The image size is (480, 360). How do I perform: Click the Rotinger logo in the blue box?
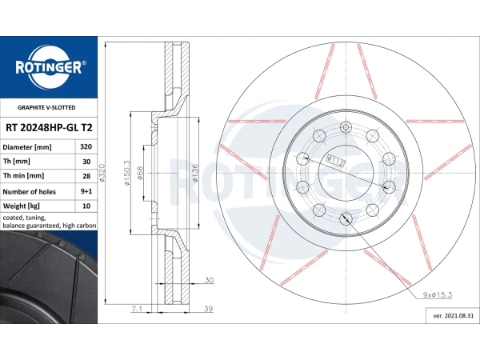(x=48, y=68)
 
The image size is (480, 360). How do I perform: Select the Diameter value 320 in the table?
(x=85, y=147)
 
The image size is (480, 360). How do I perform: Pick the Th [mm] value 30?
(x=85, y=162)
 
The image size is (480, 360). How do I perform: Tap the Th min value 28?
(x=85, y=176)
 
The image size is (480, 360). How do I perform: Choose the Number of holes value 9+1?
(x=85, y=191)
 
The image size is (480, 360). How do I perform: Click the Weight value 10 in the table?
(x=85, y=206)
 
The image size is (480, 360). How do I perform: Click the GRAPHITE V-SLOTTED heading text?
(x=47, y=106)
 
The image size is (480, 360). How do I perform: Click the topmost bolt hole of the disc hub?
(x=346, y=126)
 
